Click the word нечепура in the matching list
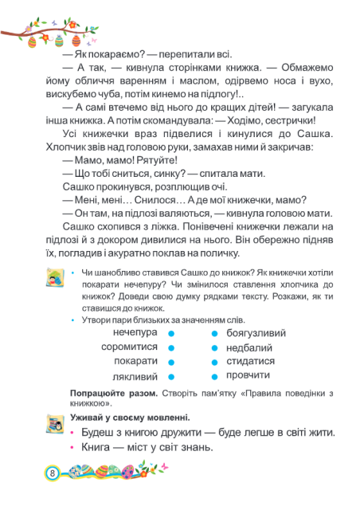point(135,332)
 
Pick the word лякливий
point(135,376)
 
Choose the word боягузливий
point(256,333)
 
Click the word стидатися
point(250,361)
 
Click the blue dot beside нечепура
point(172,332)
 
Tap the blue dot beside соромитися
point(172,347)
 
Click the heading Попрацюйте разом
point(115,394)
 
